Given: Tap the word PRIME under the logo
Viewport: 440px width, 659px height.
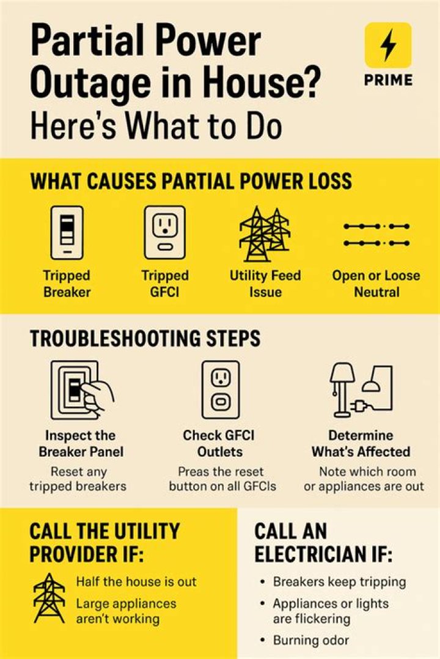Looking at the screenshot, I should [x=388, y=80].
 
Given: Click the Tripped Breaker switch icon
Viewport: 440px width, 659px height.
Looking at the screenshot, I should [x=67, y=233].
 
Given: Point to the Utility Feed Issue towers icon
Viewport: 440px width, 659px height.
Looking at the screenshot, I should [x=265, y=234].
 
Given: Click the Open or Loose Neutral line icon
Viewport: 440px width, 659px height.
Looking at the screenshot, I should [x=376, y=235].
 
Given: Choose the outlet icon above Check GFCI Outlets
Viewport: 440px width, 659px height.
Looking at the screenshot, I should [x=221, y=390].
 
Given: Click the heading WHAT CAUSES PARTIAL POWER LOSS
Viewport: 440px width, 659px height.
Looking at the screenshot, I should [x=191, y=181].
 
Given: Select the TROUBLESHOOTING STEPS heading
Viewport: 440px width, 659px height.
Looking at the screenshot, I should [x=145, y=338].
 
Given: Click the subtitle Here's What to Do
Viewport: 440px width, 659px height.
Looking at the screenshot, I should [x=156, y=126].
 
